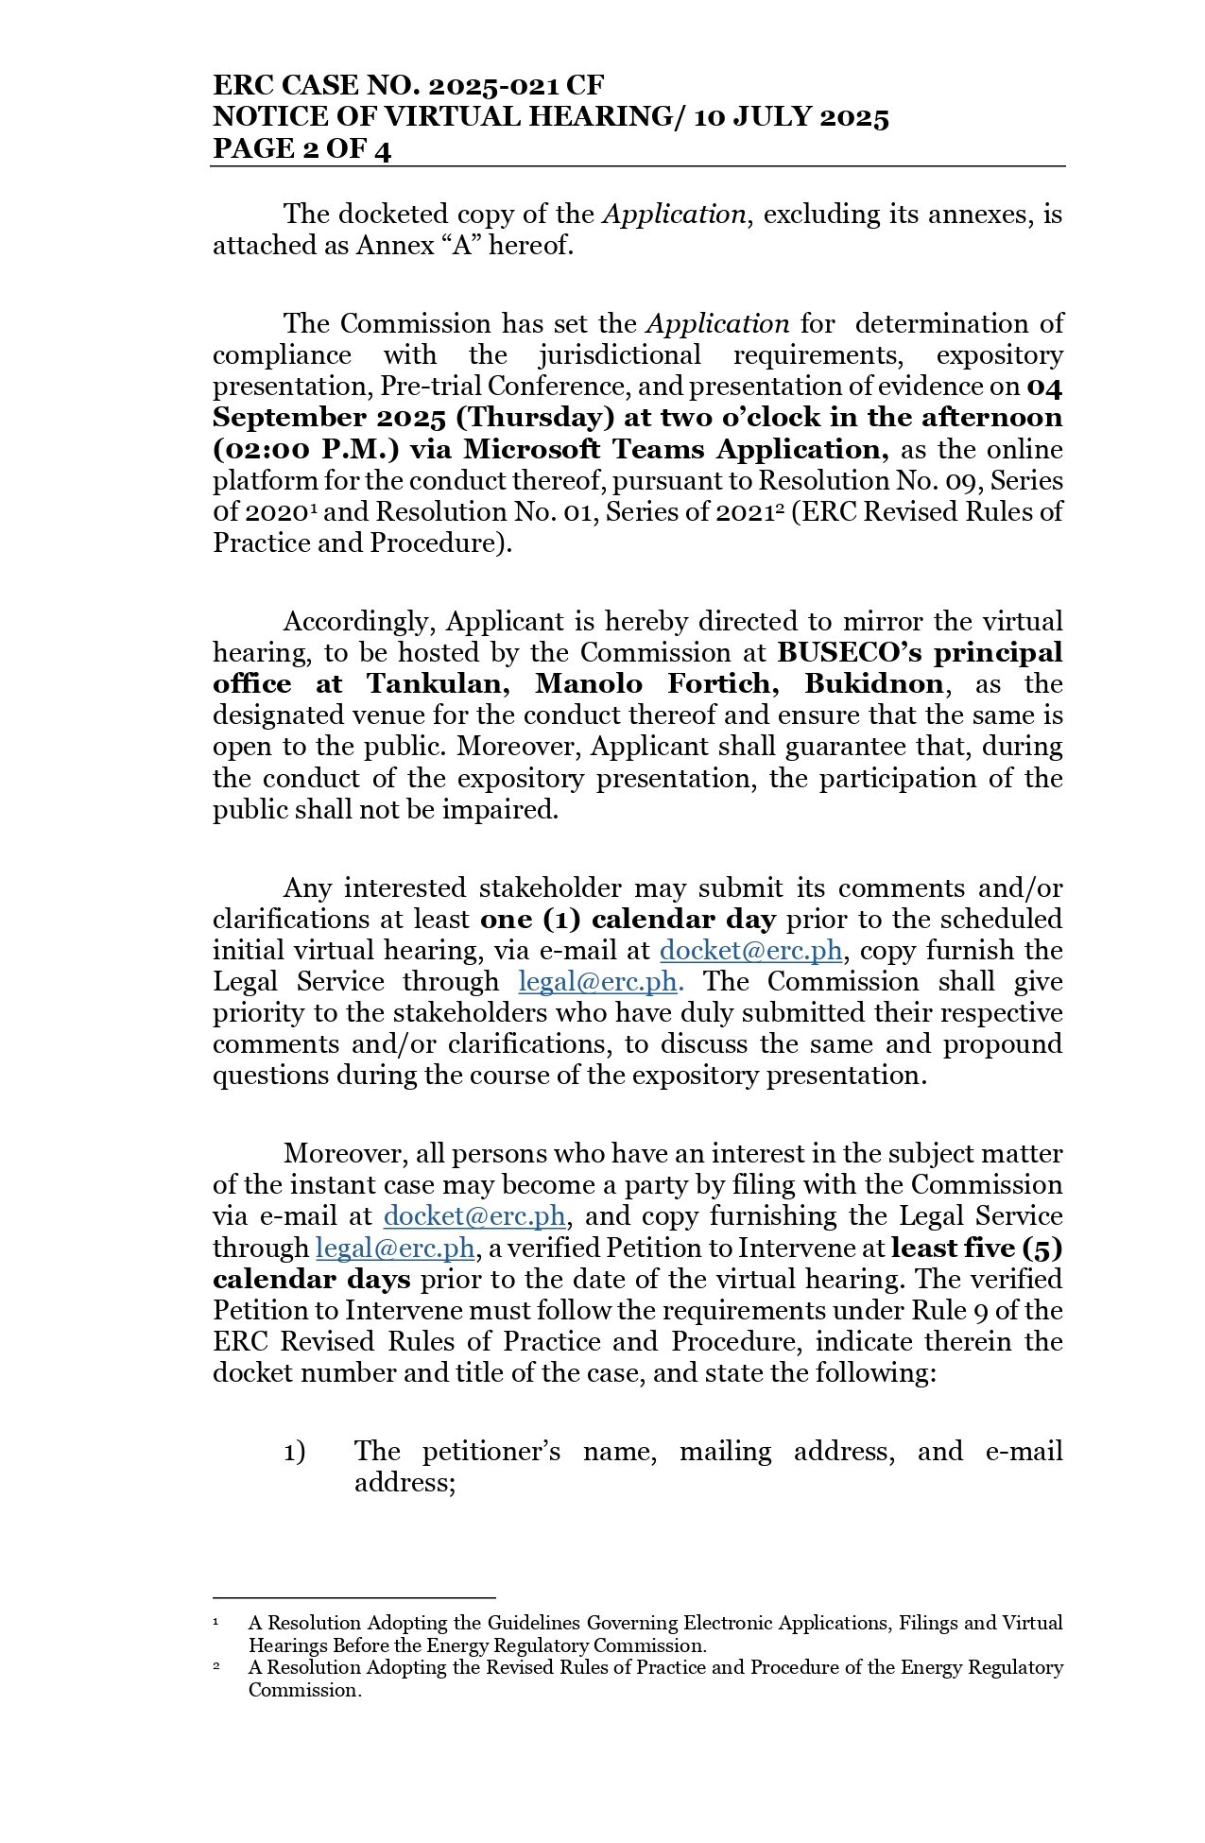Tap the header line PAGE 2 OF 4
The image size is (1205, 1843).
301,148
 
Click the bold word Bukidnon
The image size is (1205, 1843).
873,684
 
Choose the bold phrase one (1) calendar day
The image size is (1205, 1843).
628,920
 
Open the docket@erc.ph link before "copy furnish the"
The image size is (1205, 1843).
750,951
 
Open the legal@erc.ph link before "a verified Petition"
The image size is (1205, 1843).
395,1249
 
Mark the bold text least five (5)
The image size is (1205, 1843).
976,1249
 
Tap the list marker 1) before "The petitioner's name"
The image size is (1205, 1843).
295,1452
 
